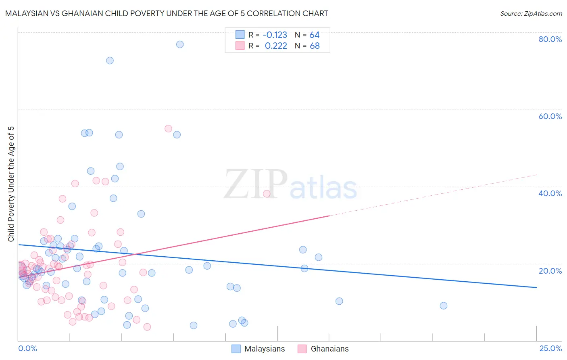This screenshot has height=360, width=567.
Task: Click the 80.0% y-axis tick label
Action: (550, 39)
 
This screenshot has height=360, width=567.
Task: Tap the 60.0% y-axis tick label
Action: (550, 116)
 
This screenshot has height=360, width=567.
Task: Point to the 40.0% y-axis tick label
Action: (550, 193)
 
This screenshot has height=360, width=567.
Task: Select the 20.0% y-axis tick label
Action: (550, 270)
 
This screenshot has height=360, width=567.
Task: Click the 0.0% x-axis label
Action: (27, 348)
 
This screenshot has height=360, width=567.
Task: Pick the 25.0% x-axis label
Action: (550, 348)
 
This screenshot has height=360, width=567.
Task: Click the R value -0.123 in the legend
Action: (275, 35)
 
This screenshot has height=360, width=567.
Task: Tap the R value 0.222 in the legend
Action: (276, 46)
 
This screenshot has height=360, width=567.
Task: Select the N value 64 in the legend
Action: (315, 35)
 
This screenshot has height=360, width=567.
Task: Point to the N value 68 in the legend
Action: (315, 46)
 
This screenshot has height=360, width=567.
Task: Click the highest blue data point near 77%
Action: (180, 44)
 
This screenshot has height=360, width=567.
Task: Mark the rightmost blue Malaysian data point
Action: (444, 306)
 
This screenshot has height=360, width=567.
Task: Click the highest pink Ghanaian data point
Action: (168, 129)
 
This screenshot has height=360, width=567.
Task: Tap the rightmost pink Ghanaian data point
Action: (267, 194)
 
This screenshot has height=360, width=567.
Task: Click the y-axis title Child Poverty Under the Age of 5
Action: (11, 184)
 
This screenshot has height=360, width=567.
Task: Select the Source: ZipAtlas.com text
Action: (531, 14)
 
